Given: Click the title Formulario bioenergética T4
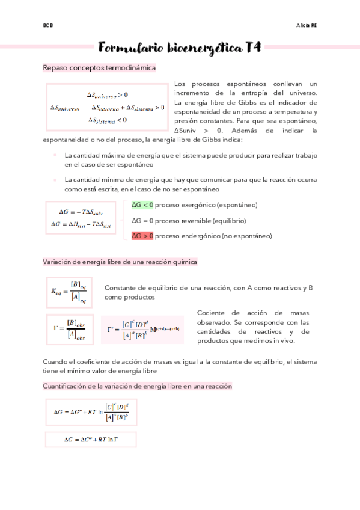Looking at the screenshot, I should point(180,48).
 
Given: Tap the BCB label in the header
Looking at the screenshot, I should point(48,26).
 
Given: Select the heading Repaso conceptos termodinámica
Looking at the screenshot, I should point(99,68).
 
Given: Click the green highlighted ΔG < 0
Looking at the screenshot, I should point(142,205).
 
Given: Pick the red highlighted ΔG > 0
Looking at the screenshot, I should point(142,236).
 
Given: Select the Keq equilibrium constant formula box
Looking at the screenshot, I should point(69,292).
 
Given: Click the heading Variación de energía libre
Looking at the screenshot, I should point(120,262).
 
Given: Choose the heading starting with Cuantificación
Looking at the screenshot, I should point(137,386).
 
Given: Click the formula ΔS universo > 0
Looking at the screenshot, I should point(107,95).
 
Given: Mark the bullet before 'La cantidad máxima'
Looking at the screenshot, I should point(55,155).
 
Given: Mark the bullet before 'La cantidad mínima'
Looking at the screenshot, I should point(55,180).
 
